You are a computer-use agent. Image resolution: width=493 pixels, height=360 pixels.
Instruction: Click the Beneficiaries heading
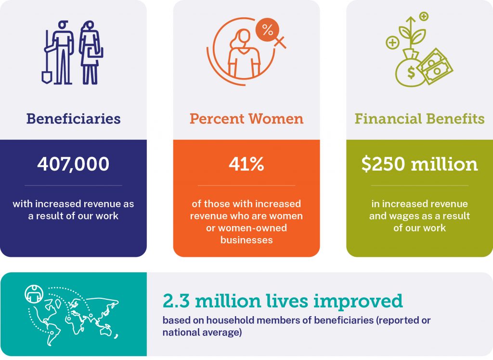(73, 119)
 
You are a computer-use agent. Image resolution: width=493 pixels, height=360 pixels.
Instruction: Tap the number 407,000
(73, 164)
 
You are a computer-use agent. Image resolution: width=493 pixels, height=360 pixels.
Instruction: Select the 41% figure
(246, 164)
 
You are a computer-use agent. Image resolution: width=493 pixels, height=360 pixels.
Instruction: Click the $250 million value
(419, 164)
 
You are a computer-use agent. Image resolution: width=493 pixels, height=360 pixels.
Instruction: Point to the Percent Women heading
(246, 119)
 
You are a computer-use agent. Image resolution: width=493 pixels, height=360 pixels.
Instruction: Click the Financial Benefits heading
(419, 119)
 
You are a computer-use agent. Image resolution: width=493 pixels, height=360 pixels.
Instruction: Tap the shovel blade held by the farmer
(47, 77)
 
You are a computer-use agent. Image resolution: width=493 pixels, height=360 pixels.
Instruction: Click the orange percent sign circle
(268, 30)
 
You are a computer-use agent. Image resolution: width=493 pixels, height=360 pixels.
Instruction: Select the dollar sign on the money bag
(411, 72)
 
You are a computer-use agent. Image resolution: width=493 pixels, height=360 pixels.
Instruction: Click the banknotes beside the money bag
(435, 66)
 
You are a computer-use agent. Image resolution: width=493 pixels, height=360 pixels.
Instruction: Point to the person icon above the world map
(34, 293)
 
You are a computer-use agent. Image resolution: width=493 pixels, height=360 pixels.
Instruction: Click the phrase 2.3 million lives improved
(283, 301)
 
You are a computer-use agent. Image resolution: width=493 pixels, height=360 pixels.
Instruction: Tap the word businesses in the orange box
(246, 240)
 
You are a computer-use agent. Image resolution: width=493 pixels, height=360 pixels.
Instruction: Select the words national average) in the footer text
(202, 333)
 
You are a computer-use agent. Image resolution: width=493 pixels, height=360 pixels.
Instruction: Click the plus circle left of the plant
(392, 42)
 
